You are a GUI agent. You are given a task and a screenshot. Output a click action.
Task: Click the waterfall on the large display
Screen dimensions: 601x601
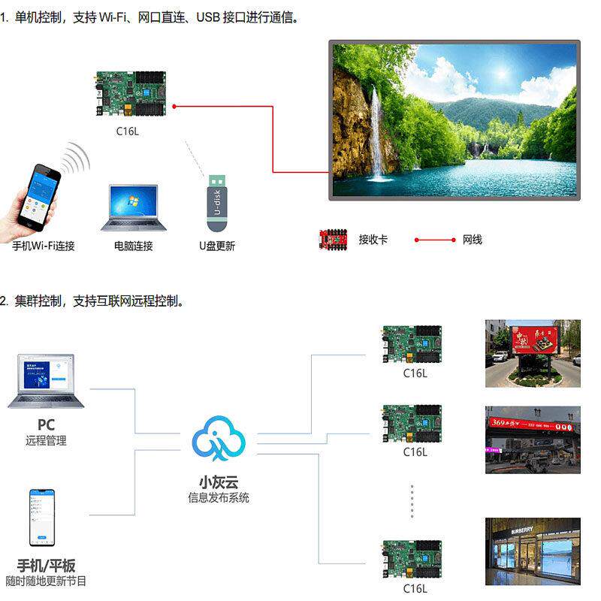[373, 135]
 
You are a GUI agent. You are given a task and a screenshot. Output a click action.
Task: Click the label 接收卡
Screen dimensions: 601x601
[373, 240]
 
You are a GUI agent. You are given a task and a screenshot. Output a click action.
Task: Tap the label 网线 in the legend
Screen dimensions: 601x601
[472, 240]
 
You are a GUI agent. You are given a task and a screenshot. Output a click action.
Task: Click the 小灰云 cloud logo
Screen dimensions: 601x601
[218, 437]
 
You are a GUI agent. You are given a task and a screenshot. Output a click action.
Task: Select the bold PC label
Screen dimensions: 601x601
[46, 425]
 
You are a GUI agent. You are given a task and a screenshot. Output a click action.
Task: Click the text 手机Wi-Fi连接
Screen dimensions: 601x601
[44, 246]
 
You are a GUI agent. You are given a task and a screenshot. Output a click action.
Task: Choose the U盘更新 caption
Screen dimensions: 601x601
[217, 246]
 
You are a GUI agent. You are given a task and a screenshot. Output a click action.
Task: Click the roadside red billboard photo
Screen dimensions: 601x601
[532, 353]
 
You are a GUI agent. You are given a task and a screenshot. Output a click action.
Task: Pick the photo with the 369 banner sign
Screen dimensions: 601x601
[532, 439]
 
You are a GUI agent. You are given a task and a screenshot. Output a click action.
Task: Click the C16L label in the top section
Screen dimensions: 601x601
[128, 131]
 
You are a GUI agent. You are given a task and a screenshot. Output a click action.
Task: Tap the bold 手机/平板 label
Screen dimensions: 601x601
[46, 565]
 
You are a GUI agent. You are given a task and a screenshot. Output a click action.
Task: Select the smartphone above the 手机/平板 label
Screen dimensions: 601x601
[42, 518]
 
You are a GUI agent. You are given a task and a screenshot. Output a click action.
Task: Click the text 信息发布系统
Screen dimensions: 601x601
[219, 497]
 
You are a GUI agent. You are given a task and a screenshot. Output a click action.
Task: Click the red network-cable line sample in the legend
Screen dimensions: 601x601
[435, 240]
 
